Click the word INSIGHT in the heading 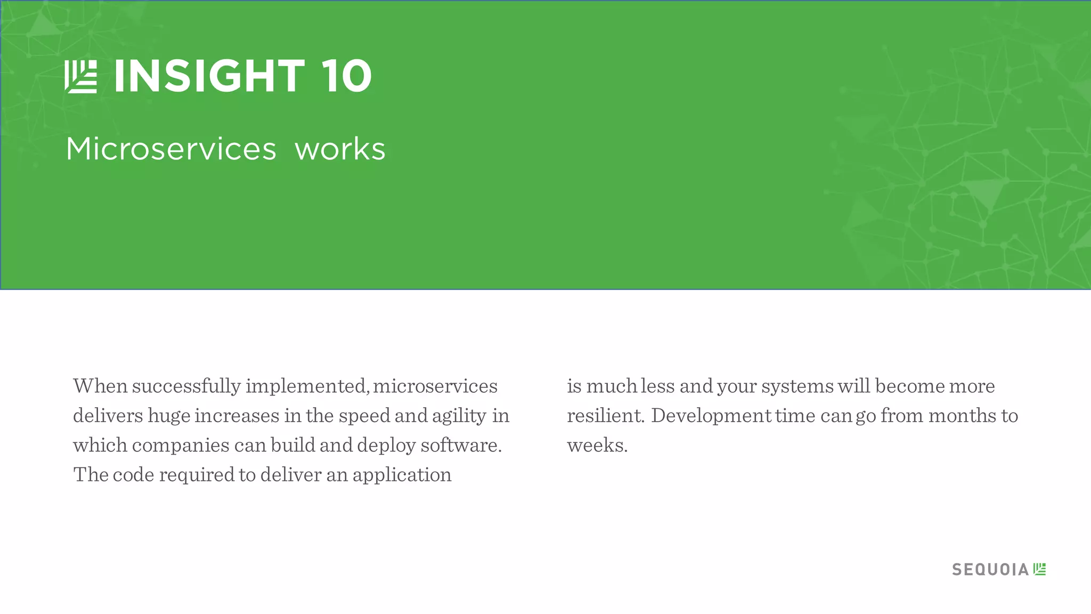pyautogui.click(x=209, y=76)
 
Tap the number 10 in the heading pyautogui.click(x=346, y=76)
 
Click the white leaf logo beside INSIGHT pyautogui.click(x=81, y=77)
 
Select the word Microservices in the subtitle pyautogui.click(x=171, y=149)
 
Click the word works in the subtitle pyautogui.click(x=340, y=149)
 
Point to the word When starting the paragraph pyautogui.click(x=100, y=386)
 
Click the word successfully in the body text pyautogui.click(x=186, y=386)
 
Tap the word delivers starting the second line pyautogui.click(x=108, y=416)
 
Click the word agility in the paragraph pyautogui.click(x=459, y=416)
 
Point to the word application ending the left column pyautogui.click(x=402, y=475)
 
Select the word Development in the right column pyautogui.click(x=711, y=416)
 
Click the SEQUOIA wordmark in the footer pyautogui.click(x=990, y=570)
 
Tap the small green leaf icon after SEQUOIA pyautogui.click(x=1039, y=569)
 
